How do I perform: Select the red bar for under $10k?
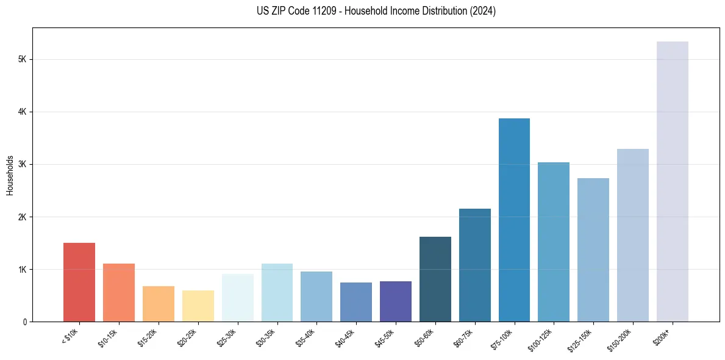tap(79, 283)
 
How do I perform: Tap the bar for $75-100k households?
tap(514, 220)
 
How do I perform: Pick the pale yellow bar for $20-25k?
tap(198, 306)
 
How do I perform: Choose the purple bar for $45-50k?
tap(396, 301)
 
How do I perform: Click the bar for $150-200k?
tap(633, 236)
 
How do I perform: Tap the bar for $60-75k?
tap(475, 265)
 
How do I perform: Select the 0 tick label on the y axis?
tap(24, 322)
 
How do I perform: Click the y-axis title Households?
tap(10, 175)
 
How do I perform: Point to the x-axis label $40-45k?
tap(346, 337)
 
